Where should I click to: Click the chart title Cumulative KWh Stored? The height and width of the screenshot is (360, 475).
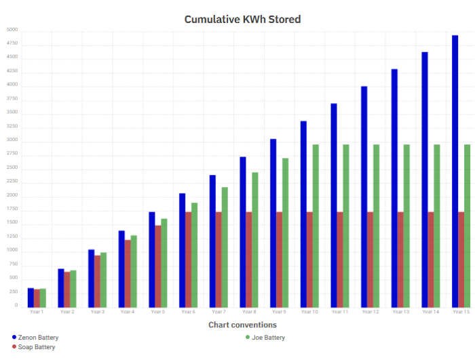click(242, 19)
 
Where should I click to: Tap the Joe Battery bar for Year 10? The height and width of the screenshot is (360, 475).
click(316, 225)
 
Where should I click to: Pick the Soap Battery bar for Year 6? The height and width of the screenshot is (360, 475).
click(189, 259)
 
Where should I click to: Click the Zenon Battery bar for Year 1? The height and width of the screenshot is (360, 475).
click(31, 297)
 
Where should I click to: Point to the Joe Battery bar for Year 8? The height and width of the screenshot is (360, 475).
click(255, 239)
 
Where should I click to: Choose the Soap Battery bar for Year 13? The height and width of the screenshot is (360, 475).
click(400, 259)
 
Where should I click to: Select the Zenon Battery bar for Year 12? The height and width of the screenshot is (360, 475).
click(364, 197)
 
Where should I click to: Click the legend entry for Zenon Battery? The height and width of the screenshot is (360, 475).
click(38, 337)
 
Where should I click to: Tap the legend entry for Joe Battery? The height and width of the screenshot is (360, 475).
click(267, 337)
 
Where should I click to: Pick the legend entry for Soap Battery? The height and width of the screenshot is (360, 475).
click(36, 347)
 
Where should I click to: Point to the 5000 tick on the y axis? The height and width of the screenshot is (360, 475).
click(12, 31)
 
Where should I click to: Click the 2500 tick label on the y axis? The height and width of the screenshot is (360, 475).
click(12, 168)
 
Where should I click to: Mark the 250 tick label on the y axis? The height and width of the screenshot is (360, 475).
click(14, 292)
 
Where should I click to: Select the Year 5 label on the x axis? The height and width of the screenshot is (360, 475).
click(157, 312)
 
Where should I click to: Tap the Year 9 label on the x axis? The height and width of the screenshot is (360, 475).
click(279, 312)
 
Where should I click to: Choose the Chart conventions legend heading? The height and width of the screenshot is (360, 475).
click(242, 325)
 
